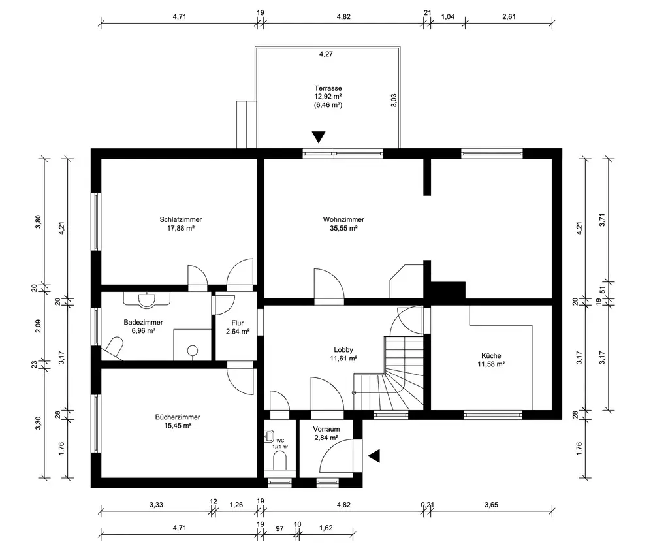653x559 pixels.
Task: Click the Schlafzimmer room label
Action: pos(181,219)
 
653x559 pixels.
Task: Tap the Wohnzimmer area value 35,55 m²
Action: pos(343,229)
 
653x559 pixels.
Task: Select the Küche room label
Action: pos(491,356)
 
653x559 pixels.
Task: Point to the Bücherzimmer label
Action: pos(178,417)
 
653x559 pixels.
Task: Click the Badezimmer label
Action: pos(143,322)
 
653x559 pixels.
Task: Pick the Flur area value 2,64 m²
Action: pos(238,332)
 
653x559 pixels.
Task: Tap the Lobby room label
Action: pos(343,350)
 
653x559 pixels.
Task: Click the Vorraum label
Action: pos(326,429)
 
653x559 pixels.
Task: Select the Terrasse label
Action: pos(328,88)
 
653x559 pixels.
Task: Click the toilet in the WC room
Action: pos(279,461)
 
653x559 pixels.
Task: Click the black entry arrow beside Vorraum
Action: pos(374,456)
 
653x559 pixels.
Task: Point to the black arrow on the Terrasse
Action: pos(319,137)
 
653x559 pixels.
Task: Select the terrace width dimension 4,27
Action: pos(326,54)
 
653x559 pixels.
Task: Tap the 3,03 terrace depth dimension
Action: pos(394,101)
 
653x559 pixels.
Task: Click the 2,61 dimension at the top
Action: pos(509,17)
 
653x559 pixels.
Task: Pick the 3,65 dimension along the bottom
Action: pos(492,505)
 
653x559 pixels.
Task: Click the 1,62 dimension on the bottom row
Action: pos(326,528)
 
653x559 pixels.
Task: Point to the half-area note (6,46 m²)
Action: pos(328,105)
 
